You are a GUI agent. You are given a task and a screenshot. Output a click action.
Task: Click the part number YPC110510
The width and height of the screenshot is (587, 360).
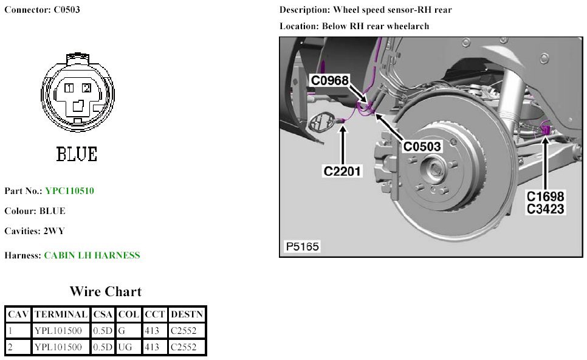[69, 191]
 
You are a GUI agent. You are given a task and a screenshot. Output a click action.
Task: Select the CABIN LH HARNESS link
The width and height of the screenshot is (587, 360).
[92, 255]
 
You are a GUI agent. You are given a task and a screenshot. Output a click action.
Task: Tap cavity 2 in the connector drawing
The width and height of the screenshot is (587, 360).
[86, 89]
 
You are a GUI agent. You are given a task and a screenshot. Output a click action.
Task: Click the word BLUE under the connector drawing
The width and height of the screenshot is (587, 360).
[77, 154]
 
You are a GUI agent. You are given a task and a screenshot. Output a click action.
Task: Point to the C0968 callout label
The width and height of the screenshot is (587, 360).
[330, 80]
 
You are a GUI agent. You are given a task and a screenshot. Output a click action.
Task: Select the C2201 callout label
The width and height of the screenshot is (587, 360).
[343, 171]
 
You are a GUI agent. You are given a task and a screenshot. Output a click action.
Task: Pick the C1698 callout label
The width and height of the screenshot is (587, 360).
[546, 197]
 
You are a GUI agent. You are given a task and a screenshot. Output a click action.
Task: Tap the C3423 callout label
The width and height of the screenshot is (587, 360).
[546, 209]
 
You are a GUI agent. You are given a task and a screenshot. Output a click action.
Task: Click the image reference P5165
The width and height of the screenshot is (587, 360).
[302, 247]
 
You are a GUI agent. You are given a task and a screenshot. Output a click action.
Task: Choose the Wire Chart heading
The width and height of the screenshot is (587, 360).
[105, 291]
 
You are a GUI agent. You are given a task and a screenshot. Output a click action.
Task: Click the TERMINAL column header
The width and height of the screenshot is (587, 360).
[60, 314]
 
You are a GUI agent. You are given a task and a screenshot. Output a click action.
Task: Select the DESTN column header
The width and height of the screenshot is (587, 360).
[187, 314]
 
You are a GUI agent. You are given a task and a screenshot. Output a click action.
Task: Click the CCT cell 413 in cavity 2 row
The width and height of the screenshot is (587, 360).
[151, 347]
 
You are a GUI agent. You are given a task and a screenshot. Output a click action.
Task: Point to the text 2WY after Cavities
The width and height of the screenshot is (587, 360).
[53, 232]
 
